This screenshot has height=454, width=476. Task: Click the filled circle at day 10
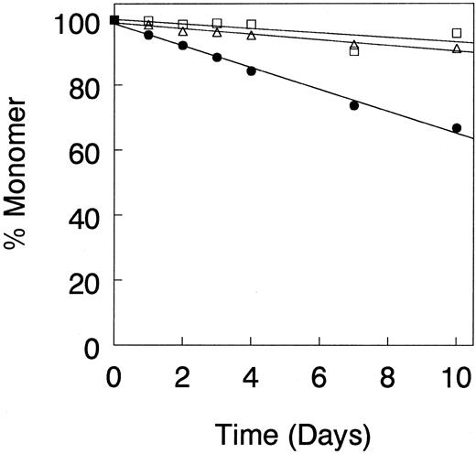pos(456,128)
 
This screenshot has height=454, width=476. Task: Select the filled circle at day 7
pos(353,105)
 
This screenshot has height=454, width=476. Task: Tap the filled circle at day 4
pos(251,70)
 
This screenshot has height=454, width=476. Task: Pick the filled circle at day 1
pos(148,35)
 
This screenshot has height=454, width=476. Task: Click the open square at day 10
pos(456,33)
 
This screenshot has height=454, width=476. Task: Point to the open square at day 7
pos(353,51)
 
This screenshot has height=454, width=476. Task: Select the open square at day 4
pos(251,24)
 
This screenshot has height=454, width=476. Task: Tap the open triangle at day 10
pos(456,49)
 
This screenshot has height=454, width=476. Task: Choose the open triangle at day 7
pos(353,45)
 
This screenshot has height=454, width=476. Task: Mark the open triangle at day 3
pos(217,32)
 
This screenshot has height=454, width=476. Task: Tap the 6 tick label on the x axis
pos(319,375)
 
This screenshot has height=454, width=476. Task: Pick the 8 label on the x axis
pos(387,375)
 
